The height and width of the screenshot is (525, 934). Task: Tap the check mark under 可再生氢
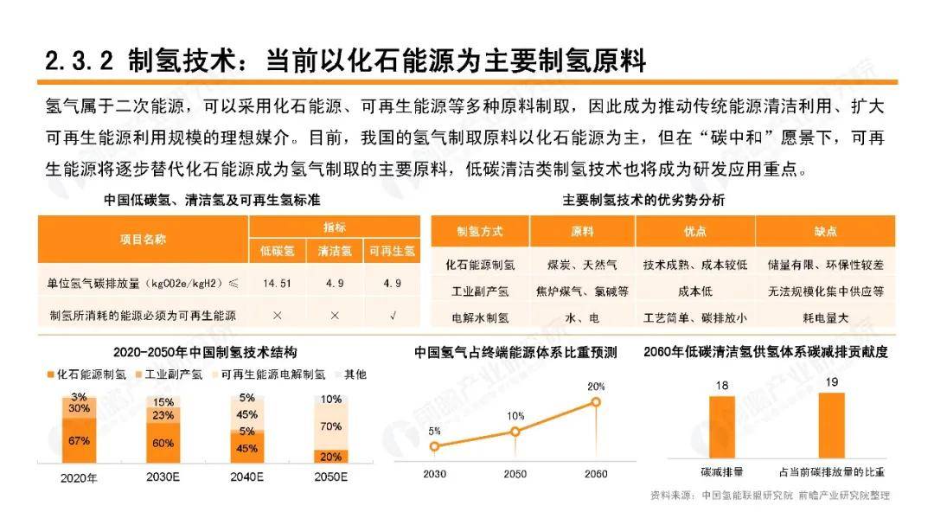tap(392, 315)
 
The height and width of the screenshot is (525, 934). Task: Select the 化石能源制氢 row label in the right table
tap(480, 264)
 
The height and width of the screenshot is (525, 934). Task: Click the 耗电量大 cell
tap(825, 317)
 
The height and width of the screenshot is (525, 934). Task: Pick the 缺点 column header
tap(825, 232)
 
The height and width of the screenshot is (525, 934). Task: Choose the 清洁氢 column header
tap(335, 252)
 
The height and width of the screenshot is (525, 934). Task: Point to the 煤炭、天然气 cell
tap(582, 264)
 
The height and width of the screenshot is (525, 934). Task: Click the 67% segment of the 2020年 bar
tap(80, 441)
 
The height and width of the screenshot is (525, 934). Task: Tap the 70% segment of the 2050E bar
tap(330, 426)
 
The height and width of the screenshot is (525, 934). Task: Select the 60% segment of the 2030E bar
tap(163, 444)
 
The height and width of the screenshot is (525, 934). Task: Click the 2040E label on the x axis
tap(246, 477)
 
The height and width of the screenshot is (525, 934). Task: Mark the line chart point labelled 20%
tap(596, 402)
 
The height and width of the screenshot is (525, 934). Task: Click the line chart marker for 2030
tap(434, 447)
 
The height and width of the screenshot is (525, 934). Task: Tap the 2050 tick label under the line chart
tap(515, 474)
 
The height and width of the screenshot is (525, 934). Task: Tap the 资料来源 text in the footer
tap(673, 496)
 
